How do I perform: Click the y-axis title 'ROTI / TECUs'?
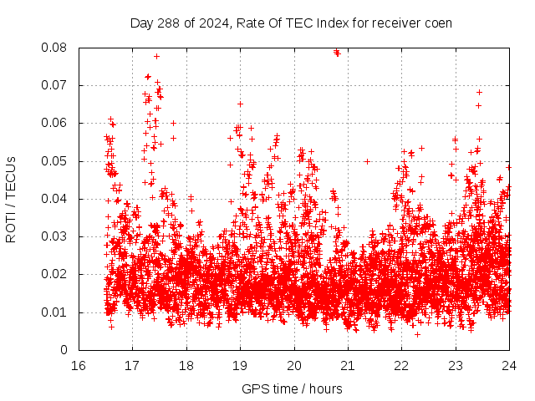pyautogui.click(x=12, y=199)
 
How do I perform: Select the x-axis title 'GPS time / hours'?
pyautogui.click(x=292, y=388)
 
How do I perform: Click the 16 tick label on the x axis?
pyautogui.click(x=79, y=366)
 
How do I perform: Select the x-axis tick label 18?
pyautogui.click(x=186, y=366)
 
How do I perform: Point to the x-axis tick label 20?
pyautogui.click(x=293, y=366)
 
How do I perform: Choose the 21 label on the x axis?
pyautogui.click(x=348, y=366)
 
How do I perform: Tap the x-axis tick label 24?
pyautogui.click(x=509, y=366)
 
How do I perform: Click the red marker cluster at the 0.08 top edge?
pyautogui.click(x=337, y=52)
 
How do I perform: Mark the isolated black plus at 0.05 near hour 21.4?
pyautogui.click(x=368, y=161)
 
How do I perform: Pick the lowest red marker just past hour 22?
pyautogui.click(x=417, y=334)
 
